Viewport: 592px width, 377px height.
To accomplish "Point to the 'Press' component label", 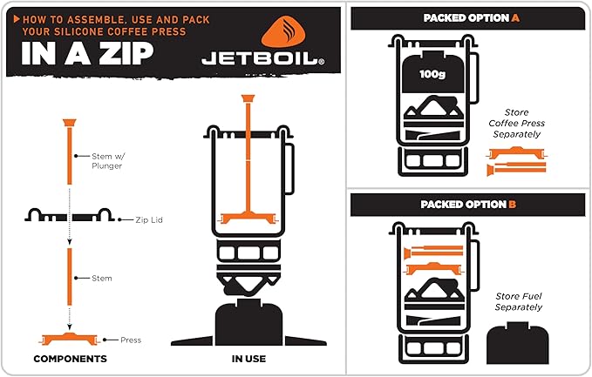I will click(131, 340).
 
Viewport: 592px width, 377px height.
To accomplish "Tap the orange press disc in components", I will click(69, 337).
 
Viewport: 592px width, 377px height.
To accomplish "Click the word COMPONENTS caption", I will click(70, 359).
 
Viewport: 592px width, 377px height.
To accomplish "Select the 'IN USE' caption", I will click(249, 359).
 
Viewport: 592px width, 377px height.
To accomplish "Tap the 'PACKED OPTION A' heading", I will click(467, 17).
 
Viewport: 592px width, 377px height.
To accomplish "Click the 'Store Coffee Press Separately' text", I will click(523, 124).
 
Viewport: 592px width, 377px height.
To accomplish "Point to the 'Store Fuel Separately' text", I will click(519, 301).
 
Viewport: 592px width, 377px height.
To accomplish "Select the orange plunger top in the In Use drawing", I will click(248, 100).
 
